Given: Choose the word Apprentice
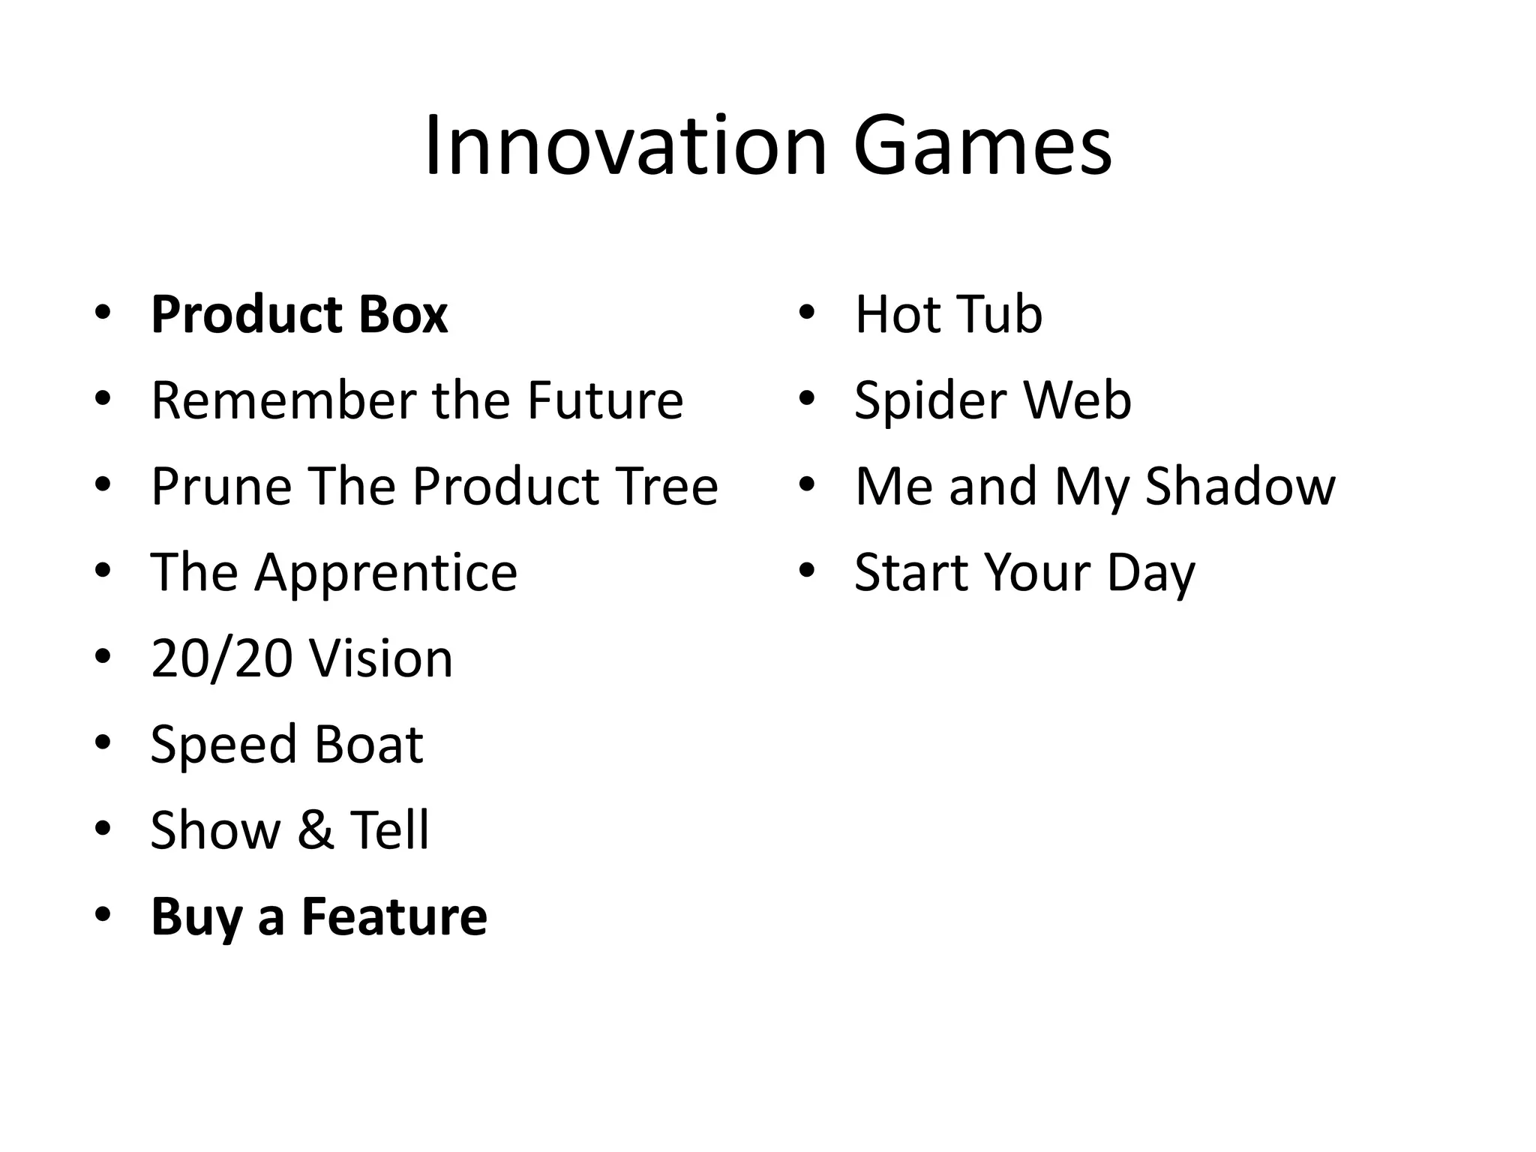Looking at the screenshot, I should click(x=385, y=572).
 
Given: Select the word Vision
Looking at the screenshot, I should click(x=381, y=658).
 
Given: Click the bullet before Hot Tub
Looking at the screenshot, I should click(x=806, y=313).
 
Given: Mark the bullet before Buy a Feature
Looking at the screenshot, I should click(x=103, y=915).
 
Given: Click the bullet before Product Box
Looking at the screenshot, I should click(x=103, y=313).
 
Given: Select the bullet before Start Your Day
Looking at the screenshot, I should click(x=806, y=571).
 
